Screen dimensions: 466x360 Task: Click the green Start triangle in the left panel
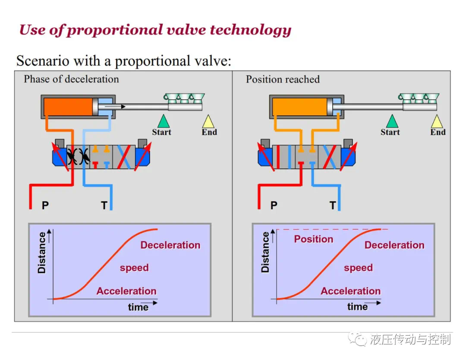tap(164, 122)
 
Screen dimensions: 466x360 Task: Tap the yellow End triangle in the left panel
tap(208, 122)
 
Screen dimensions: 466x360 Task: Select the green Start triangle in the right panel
tap(392, 122)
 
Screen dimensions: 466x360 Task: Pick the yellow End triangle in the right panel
tap(437, 122)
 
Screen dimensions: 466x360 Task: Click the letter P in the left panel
tap(45, 205)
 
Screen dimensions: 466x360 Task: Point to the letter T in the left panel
tap(104, 205)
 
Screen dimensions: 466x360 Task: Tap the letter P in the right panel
tap(274, 205)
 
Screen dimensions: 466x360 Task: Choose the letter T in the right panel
tap(333, 205)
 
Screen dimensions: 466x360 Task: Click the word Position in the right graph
tap(314, 239)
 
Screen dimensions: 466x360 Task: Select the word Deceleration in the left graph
tap(170, 245)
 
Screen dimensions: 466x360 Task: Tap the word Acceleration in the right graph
tap(351, 291)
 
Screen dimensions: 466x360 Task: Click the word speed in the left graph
tap(134, 268)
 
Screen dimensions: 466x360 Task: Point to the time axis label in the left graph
tap(138, 307)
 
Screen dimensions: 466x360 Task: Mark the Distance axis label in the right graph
tap(265, 252)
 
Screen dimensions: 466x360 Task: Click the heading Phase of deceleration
tap(71, 79)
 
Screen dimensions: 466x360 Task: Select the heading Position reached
tap(283, 79)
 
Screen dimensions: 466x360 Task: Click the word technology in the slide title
tap(251, 30)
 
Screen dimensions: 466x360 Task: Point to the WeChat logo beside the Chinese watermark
tap(357, 339)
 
